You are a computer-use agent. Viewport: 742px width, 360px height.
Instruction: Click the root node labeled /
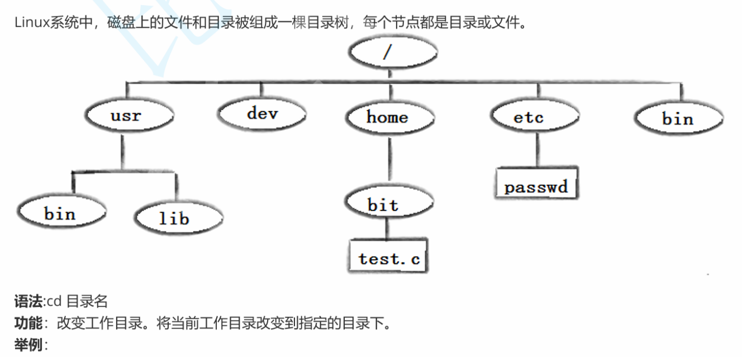391,52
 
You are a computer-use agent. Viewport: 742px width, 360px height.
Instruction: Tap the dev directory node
261,114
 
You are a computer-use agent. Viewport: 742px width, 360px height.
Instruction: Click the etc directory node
535,117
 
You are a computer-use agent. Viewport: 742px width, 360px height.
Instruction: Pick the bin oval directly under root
678,119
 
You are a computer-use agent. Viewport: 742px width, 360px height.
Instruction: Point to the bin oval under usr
60,213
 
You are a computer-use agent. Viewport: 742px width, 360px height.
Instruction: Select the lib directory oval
177,218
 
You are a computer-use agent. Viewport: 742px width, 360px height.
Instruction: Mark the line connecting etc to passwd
537,148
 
